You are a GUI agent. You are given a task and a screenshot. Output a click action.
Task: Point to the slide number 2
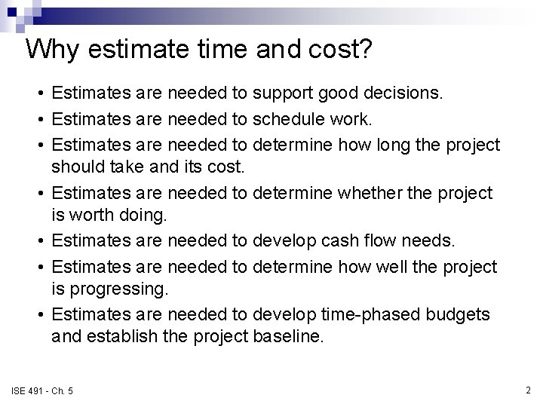pyautogui.click(x=528, y=389)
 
